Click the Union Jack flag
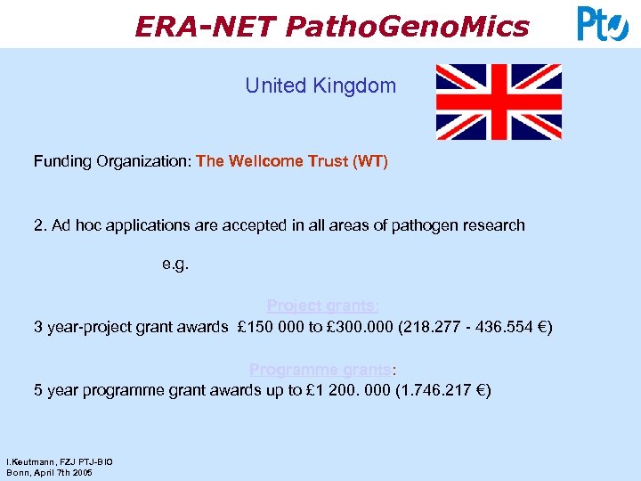tap(499, 102)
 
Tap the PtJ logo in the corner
tap(603, 24)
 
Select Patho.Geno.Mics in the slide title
tap(408, 27)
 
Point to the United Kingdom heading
tap(320, 86)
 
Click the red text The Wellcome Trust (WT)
tap(292, 162)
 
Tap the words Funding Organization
tap(110, 162)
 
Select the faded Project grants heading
tap(317, 306)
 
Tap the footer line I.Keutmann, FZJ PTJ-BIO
tap(60, 461)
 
